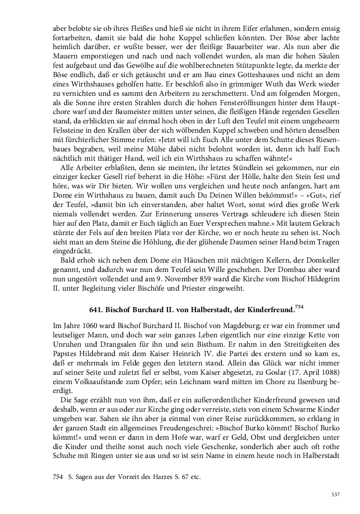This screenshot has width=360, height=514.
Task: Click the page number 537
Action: [335, 494]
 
